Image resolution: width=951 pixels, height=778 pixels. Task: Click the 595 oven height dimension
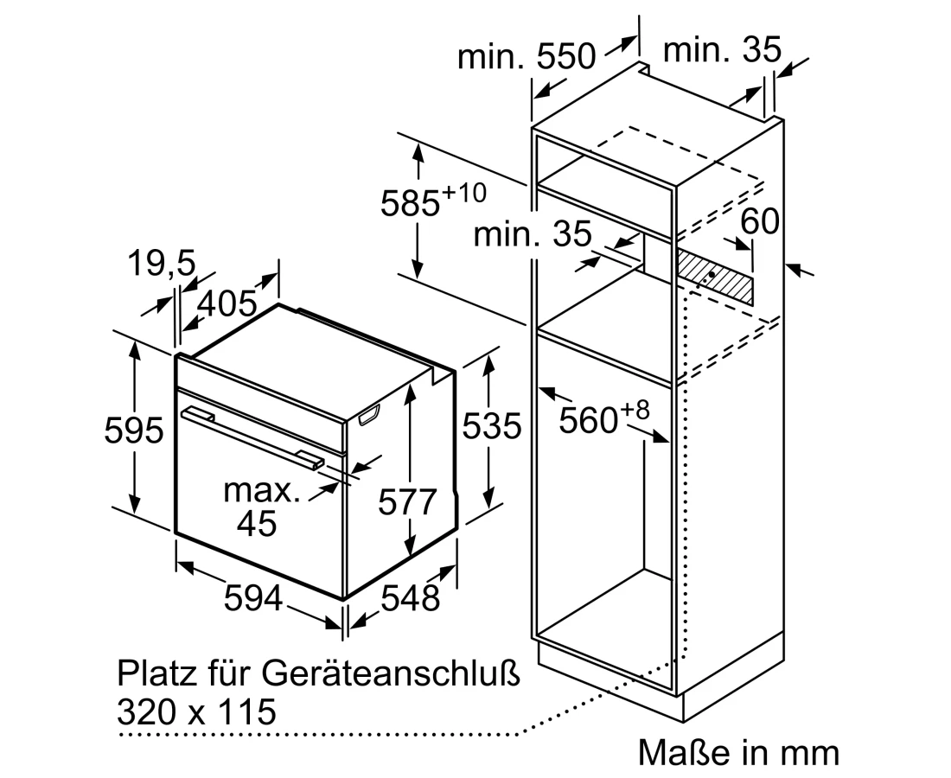134,430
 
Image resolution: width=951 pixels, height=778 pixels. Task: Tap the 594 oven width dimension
253,598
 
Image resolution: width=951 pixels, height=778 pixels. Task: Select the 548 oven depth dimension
410,598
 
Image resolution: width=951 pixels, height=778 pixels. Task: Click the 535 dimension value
492,425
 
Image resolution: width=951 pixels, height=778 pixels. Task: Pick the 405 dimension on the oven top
227,303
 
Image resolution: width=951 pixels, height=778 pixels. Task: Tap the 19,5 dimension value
162,264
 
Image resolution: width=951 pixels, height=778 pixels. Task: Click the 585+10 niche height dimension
433,201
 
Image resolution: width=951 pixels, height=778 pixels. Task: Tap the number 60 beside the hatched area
760,221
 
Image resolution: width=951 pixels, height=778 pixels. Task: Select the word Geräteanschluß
391,673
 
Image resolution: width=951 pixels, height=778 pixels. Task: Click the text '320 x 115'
196,711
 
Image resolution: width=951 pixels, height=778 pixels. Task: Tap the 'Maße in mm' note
738,753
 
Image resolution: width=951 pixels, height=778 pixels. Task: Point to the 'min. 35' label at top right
723,50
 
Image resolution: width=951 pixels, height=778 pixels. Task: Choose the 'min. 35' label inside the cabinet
532,233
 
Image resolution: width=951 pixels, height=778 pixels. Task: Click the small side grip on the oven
369,416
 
